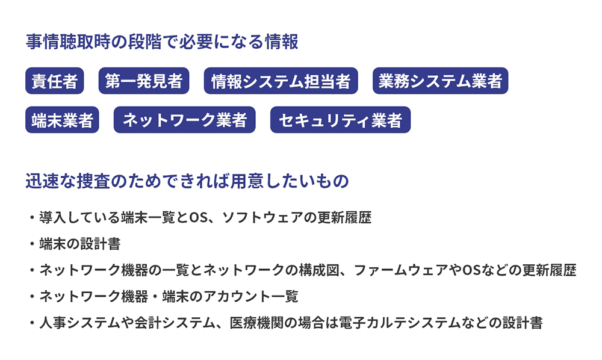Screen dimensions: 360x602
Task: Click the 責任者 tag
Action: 55,81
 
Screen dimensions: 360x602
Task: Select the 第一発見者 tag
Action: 144,81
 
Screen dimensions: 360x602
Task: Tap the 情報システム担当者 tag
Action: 281,81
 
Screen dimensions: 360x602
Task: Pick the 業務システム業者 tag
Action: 440,81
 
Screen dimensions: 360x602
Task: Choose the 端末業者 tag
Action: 62,120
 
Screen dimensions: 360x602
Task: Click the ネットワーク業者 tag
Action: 184,120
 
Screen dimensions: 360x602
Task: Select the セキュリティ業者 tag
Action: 341,120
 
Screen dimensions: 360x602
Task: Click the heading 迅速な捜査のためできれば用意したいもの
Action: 187,181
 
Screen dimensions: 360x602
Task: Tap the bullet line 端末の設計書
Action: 79,244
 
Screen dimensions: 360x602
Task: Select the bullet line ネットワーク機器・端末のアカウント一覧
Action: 169,297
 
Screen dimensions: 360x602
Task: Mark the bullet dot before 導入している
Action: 31,217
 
